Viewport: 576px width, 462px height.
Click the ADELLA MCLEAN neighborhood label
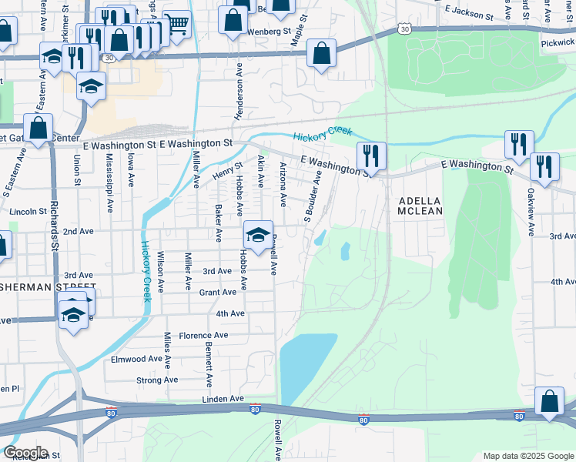pyautogui.click(x=420, y=205)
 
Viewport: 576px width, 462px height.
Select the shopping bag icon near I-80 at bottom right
pyautogui.click(x=549, y=401)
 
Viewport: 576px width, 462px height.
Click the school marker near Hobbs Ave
pyautogui.click(x=258, y=234)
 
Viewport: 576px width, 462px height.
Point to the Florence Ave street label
pyautogui.click(x=203, y=336)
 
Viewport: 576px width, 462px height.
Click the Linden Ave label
pyautogui.click(x=223, y=399)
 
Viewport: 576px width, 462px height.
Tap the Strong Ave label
pyautogui.click(x=157, y=380)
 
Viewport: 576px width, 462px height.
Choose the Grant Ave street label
pyautogui.click(x=217, y=293)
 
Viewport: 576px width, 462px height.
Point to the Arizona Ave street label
pyautogui.click(x=283, y=184)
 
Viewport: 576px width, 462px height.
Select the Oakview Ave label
pyautogui.click(x=531, y=206)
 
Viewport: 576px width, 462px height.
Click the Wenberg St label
pyautogui.click(x=269, y=32)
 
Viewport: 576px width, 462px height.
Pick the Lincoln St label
pyautogui.click(x=28, y=211)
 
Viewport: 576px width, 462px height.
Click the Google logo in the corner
pyautogui.click(x=25, y=453)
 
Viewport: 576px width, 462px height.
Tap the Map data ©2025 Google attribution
pyautogui.click(x=527, y=456)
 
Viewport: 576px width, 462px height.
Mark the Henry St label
pyautogui.click(x=228, y=169)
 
